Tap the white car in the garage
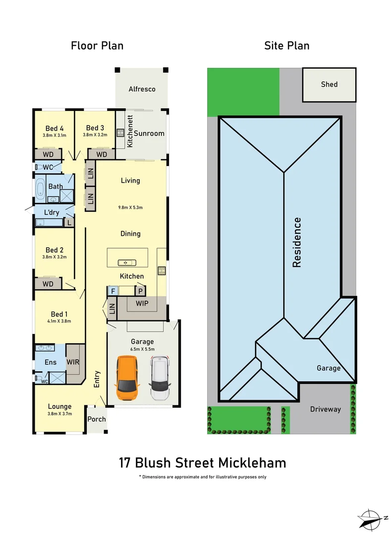160,378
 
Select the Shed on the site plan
329,85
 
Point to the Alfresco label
142,89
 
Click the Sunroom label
149,133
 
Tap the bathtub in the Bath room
40,189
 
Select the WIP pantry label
141,303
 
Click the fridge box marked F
113,291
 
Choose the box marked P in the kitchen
140,291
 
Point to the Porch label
97,419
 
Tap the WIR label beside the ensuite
73,362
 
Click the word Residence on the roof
297,242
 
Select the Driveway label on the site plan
326,409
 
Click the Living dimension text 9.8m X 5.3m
130,208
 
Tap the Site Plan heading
287,46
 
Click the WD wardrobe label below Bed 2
48,284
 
